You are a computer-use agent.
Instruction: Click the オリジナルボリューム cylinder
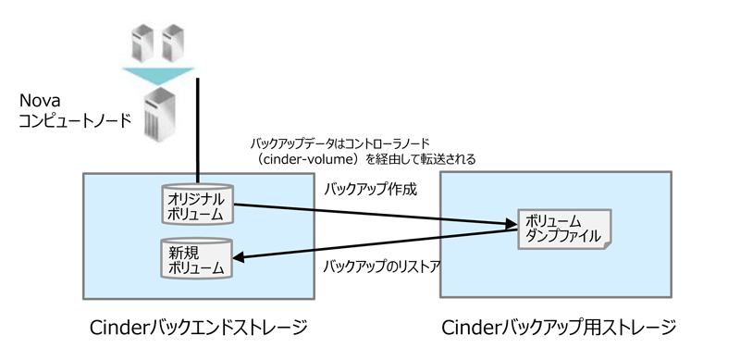click(197, 205)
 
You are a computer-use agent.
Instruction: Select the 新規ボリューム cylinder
click(197, 258)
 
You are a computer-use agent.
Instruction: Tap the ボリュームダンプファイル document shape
click(564, 230)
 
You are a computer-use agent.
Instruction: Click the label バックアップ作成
click(371, 190)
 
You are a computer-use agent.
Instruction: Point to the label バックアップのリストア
click(381, 267)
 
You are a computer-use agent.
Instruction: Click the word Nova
click(40, 101)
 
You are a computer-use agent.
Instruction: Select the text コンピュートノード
click(75, 121)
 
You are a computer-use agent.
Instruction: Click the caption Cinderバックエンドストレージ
click(199, 328)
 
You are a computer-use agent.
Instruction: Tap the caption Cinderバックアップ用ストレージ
click(559, 328)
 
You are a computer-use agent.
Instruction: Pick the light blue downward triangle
click(158, 76)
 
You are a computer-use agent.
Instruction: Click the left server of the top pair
click(142, 43)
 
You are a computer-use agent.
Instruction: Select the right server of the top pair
click(173, 43)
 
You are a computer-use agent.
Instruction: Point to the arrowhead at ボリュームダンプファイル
click(512, 223)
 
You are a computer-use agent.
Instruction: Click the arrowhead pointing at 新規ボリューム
click(239, 258)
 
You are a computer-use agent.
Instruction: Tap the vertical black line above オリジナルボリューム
click(197, 130)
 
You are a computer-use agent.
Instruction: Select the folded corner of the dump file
click(608, 244)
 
